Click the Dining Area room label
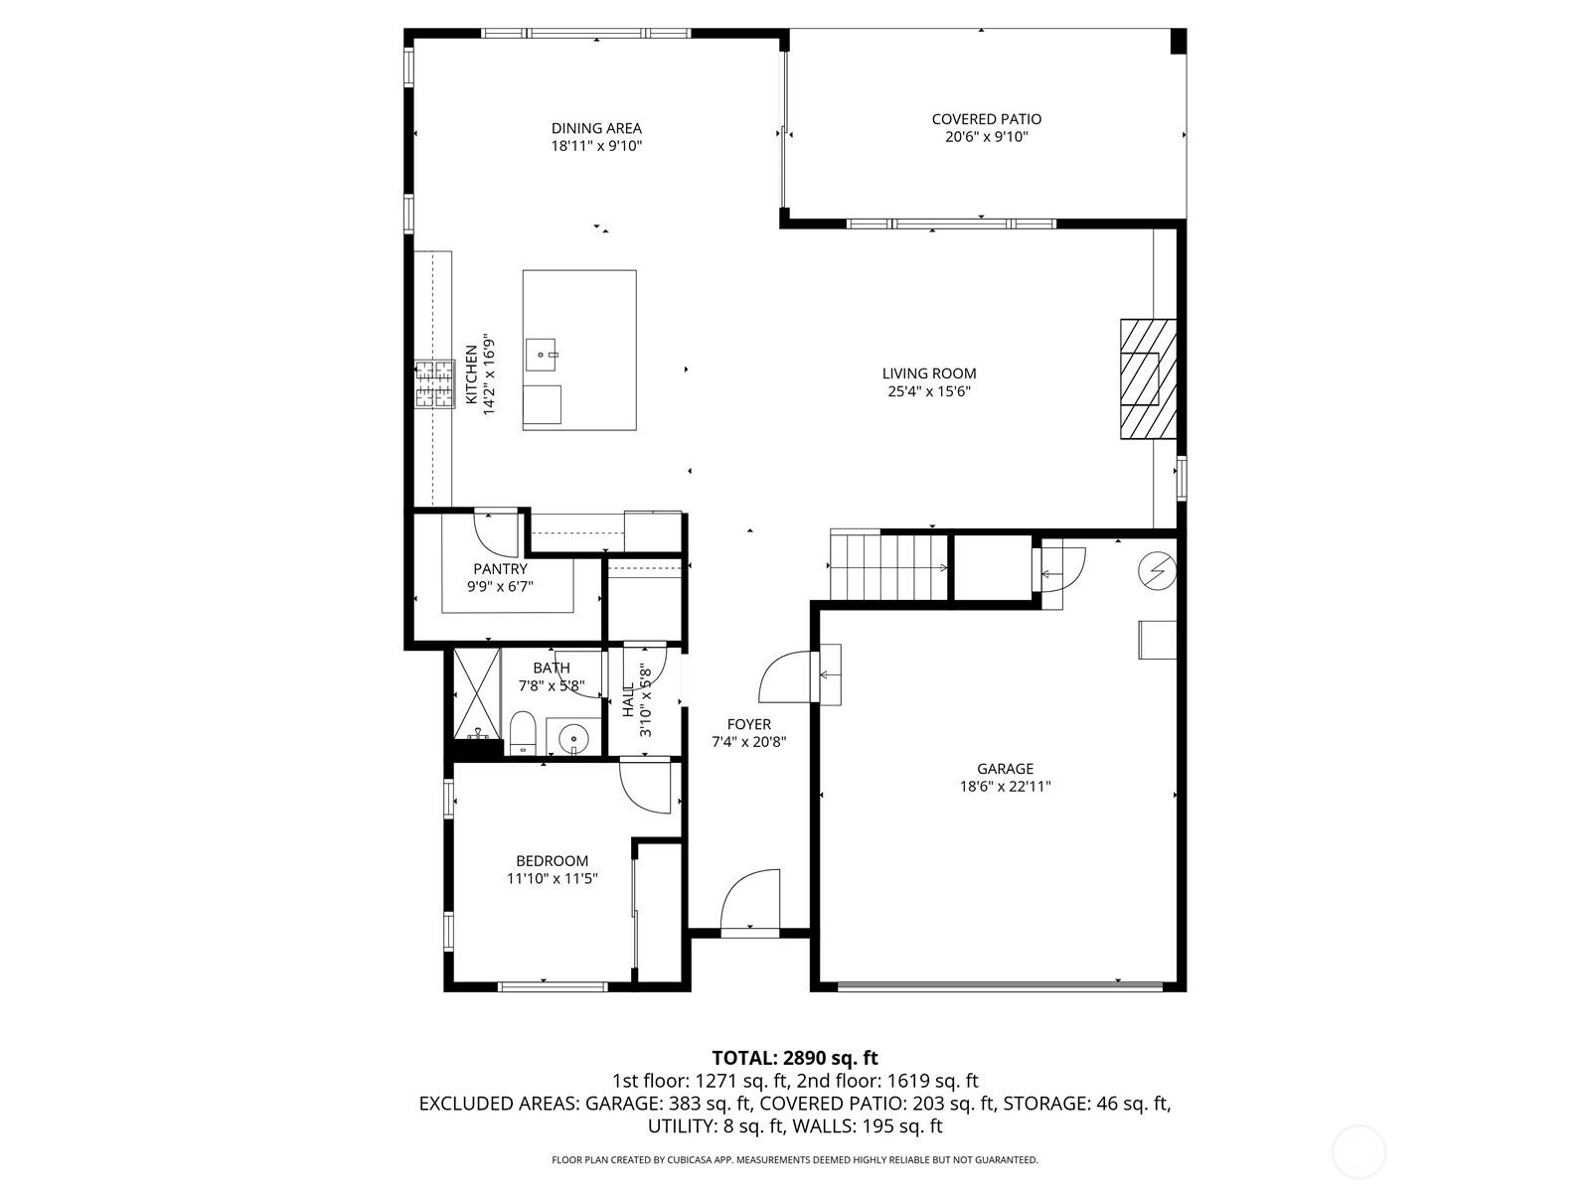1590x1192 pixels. (596, 128)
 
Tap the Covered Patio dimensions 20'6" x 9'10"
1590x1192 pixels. (986, 137)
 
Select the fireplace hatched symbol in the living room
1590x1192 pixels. (1148, 378)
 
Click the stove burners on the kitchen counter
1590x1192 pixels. (434, 384)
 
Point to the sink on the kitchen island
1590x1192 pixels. (543, 352)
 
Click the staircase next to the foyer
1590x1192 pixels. (887, 567)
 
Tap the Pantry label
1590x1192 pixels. (500, 569)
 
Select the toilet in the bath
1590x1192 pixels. (522, 733)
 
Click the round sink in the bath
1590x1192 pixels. (573, 738)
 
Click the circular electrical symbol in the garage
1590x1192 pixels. (1158, 571)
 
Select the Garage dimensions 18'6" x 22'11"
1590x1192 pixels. (1005, 787)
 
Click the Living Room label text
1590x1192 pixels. (929, 373)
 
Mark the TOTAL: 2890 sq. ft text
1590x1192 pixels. (795, 1058)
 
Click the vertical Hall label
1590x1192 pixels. (628, 700)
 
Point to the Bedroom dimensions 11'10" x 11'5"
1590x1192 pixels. (552, 878)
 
